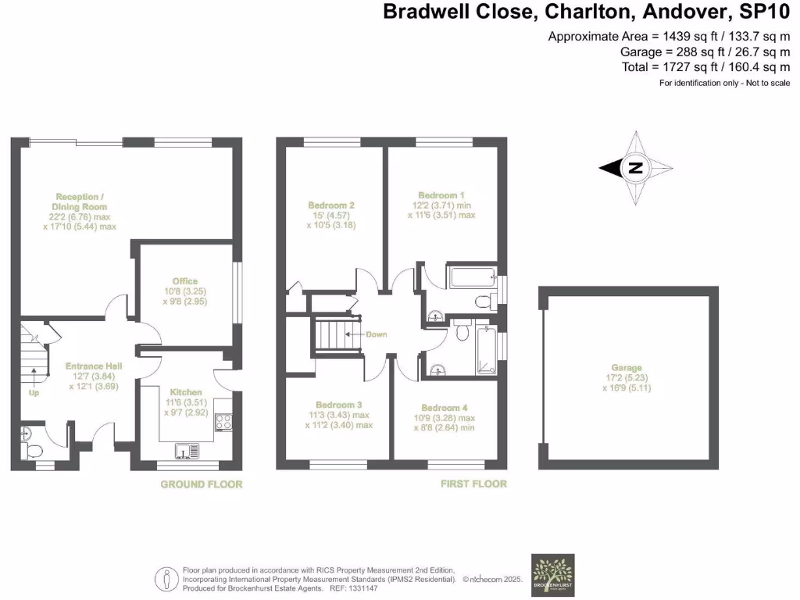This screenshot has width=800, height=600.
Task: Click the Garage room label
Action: pos(627,367)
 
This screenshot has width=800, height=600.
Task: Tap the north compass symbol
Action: pos(636,167)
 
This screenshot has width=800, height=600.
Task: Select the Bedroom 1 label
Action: pos(441,195)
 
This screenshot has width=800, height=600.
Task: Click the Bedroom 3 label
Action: pos(339,405)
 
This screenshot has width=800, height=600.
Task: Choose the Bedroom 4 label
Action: pos(445,408)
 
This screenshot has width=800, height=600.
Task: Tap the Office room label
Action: pos(185,281)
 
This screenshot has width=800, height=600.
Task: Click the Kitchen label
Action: pos(186,391)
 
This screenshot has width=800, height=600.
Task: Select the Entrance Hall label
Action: pos(93,366)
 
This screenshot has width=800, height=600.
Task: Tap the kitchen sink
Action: pos(187,451)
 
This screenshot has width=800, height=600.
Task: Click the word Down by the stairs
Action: pos(377,334)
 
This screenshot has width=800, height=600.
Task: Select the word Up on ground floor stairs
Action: pos(33,393)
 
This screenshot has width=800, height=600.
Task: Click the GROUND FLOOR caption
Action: pos(201,484)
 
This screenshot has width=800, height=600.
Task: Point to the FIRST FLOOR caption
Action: pos(473,484)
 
